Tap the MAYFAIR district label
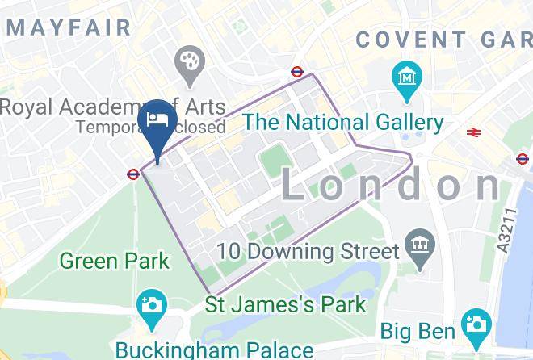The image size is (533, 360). pyautogui.click(x=69, y=27)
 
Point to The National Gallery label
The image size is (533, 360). pyautogui.click(x=344, y=123)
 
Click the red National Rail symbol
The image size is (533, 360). pyautogui.click(x=473, y=132)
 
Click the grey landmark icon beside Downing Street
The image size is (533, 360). pyautogui.click(x=419, y=241)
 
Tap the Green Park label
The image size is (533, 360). pyautogui.click(x=115, y=261)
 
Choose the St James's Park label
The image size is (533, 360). pyautogui.click(x=285, y=305)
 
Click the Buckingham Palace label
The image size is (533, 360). pyautogui.click(x=213, y=350)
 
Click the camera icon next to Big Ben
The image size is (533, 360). pyautogui.click(x=476, y=325)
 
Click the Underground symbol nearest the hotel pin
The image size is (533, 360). pyautogui.click(x=132, y=173)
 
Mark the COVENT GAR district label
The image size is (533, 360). pyautogui.click(x=443, y=39)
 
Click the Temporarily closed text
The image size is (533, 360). pyautogui.click(x=151, y=127)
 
